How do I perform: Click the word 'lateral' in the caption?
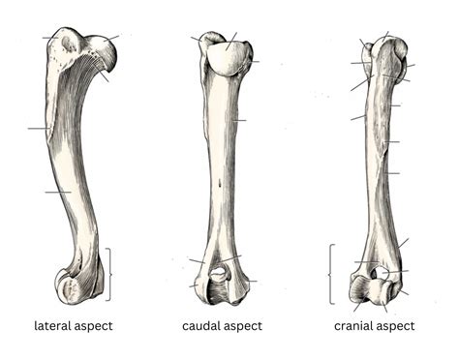(x=50, y=326)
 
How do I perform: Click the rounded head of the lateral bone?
(x=100, y=52)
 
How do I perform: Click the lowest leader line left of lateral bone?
(x=56, y=193)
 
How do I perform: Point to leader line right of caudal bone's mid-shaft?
(x=239, y=120)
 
